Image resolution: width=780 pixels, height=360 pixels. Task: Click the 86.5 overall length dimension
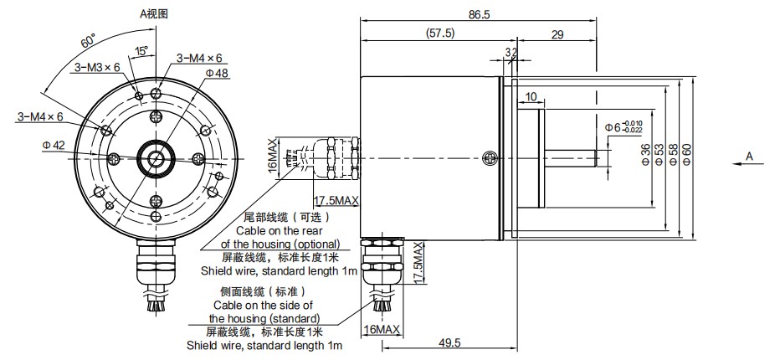point(480,14)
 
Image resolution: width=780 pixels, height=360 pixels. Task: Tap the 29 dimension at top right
point(557,33)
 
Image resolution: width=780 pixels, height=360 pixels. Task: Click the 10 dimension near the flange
point(531,97)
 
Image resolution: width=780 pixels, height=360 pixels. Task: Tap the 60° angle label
point(87,41)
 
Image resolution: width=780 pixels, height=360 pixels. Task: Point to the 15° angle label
point(141,51)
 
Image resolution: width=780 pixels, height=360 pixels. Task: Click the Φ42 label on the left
point(53,145)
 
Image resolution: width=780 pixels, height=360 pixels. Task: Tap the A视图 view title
point(154,13)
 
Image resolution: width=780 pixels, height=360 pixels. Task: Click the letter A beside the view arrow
point(749,157)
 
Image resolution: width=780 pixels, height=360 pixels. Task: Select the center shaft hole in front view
point(156,157)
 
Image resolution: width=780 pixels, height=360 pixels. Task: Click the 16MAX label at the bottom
point(384,329)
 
